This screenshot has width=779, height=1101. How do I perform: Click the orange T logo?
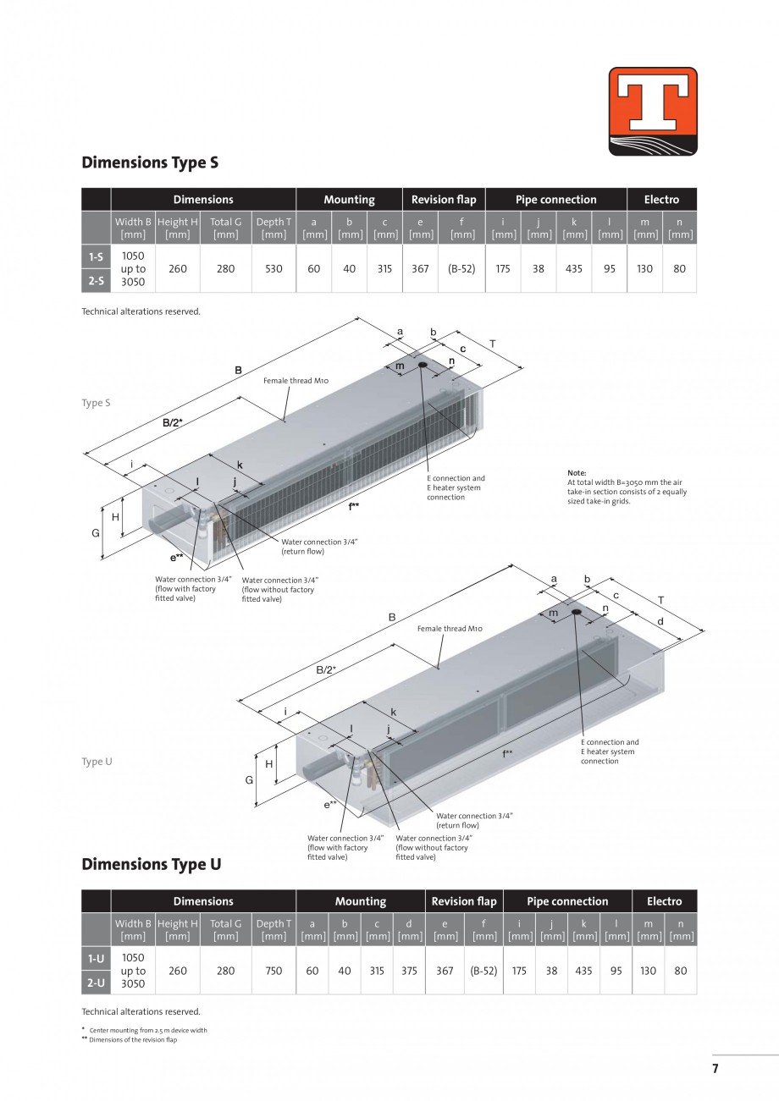coord(652,111)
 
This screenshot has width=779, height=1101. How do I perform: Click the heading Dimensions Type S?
coord(150,162)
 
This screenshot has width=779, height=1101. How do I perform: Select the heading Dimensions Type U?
coord(151,864)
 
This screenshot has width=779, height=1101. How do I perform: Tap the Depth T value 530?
coord(273,268)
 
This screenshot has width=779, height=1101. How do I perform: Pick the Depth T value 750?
coord(273,971)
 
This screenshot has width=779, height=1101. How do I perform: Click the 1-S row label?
coord(96,256)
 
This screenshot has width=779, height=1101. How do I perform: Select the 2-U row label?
coord(96,983)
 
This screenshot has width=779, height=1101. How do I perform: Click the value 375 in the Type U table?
coord(409,971)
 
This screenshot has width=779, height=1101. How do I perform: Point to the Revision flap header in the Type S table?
coord(444,200)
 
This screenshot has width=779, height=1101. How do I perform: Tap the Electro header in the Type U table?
coord(664,901)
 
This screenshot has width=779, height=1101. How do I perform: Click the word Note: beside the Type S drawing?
coord(577,473)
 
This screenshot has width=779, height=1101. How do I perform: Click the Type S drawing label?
coord(96,403)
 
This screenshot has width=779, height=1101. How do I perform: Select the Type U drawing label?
coord(97,762)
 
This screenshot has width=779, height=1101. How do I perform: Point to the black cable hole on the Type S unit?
coord(422,365)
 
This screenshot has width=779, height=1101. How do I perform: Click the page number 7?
coord(715,1069)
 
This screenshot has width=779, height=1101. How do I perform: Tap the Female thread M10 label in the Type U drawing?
coord(450,629)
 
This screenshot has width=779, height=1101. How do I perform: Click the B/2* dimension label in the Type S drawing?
coord(173,421)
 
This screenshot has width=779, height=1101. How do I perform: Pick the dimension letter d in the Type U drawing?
coord(660,621)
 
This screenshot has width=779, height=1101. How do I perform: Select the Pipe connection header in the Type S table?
coord(555,200)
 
